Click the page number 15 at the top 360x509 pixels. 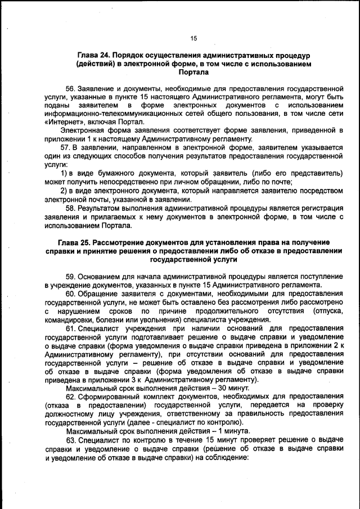tap(193, 38)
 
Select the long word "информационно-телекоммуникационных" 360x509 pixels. tap(107, 113)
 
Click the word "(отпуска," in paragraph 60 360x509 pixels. tap(328, 310)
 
